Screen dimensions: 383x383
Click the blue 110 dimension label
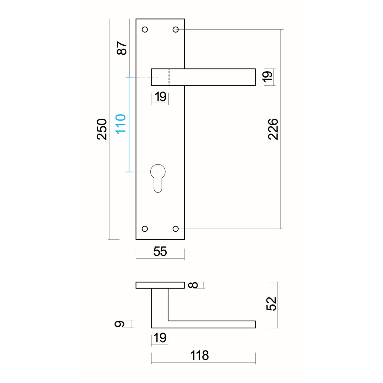(x=121, y=124)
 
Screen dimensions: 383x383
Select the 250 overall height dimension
(x=102, y=129)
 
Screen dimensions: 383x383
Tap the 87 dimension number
(x=122, y=48)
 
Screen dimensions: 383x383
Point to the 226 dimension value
(x=273, y=129)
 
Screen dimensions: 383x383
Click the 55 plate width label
(x=160, y=251)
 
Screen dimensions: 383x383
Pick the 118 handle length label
(x=200, y=355)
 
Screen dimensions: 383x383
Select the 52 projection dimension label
(x=271, y=304)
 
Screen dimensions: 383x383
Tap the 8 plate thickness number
(x=193, y=285)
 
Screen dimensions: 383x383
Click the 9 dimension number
(x=120, y=324)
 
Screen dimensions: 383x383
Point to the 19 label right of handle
(x=267, y=77)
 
